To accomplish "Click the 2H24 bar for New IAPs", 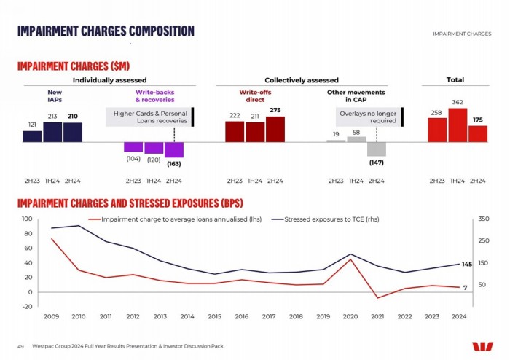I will click(73, 132).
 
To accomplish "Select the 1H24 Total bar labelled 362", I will click(458, 125).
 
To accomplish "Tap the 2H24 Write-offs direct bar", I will click(275, 129).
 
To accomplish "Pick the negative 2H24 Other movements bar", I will click(377, 149).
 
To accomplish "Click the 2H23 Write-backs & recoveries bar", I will click(133, 146).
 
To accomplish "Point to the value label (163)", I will click(174, 163).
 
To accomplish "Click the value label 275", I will click(275, 110).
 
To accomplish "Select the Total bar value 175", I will click(478, 120).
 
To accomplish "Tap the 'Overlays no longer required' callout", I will click(368, 117).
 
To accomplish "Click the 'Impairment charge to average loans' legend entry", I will click(174, 219).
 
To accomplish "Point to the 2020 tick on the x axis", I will click(350, 317).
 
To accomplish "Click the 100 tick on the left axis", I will click(27, 219).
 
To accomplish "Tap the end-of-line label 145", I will click(467, 265).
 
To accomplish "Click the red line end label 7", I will click(465, 288).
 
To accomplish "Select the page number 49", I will click(20, 346).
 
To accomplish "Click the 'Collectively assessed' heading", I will click(301, 80).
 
